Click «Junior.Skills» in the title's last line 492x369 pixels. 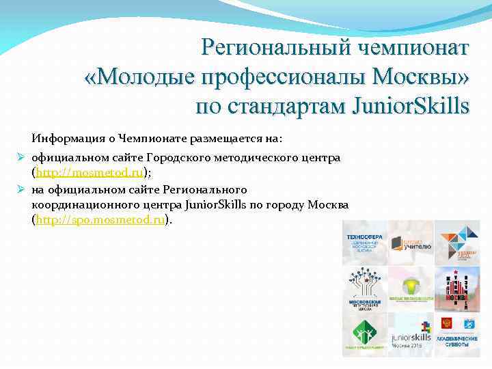(x=410, y=107)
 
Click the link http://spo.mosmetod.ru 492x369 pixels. (x=98, y=220)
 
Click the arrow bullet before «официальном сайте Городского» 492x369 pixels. (x=21, y=158)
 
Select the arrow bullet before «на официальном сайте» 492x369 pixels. (x=21, y=189)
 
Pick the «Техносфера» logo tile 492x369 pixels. (x=364, y=243)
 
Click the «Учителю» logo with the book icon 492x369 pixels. (x=411, y=243)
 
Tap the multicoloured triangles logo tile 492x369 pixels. (x=457, y=243)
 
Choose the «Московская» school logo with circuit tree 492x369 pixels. (x=364, y=288)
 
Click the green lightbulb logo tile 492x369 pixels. (x=411, y=288)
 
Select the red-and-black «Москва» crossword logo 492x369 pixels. (x=457, y=288)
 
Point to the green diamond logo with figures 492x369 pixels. (x=364, y=334)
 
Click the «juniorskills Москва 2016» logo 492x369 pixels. (x=411, y=334)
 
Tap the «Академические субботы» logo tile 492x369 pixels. (x=457, y=334)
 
